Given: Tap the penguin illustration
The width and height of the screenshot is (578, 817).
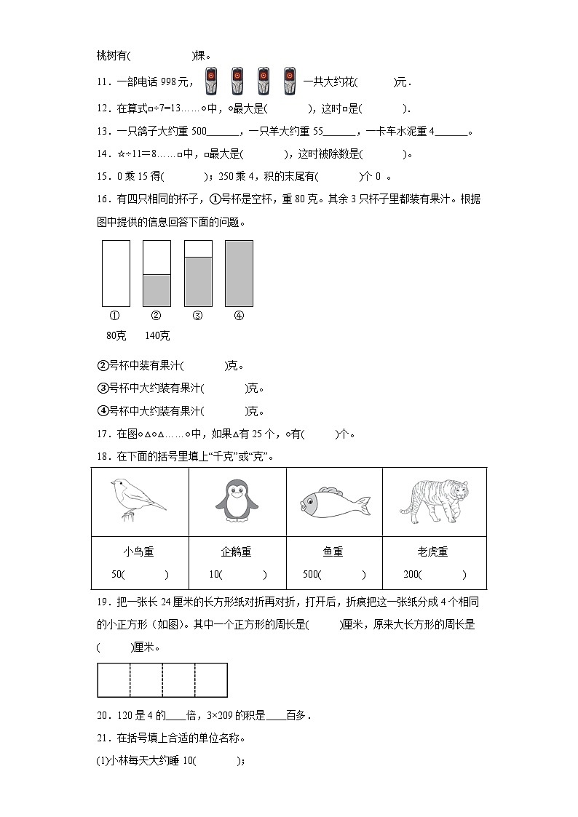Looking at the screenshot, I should (237, 502).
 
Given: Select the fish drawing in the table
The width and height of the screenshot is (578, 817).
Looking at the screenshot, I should (334, 502).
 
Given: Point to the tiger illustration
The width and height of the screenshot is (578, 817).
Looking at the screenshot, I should (434, 500).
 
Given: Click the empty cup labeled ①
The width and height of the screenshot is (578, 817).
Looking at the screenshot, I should (116, 273).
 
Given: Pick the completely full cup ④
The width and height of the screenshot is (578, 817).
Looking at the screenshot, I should (239, 273).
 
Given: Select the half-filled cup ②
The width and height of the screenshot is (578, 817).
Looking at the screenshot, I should (157, 273).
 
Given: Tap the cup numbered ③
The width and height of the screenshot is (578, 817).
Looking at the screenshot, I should (198, 273).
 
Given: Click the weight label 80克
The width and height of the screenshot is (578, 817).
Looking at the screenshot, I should (116, 335).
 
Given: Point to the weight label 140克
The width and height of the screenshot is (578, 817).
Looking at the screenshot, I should (157, 335).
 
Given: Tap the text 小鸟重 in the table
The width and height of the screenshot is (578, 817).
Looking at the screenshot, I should (138, 552).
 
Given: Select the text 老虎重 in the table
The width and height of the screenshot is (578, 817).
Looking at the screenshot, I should (434, 552).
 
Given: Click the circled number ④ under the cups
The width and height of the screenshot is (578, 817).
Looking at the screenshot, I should (239, 316).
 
